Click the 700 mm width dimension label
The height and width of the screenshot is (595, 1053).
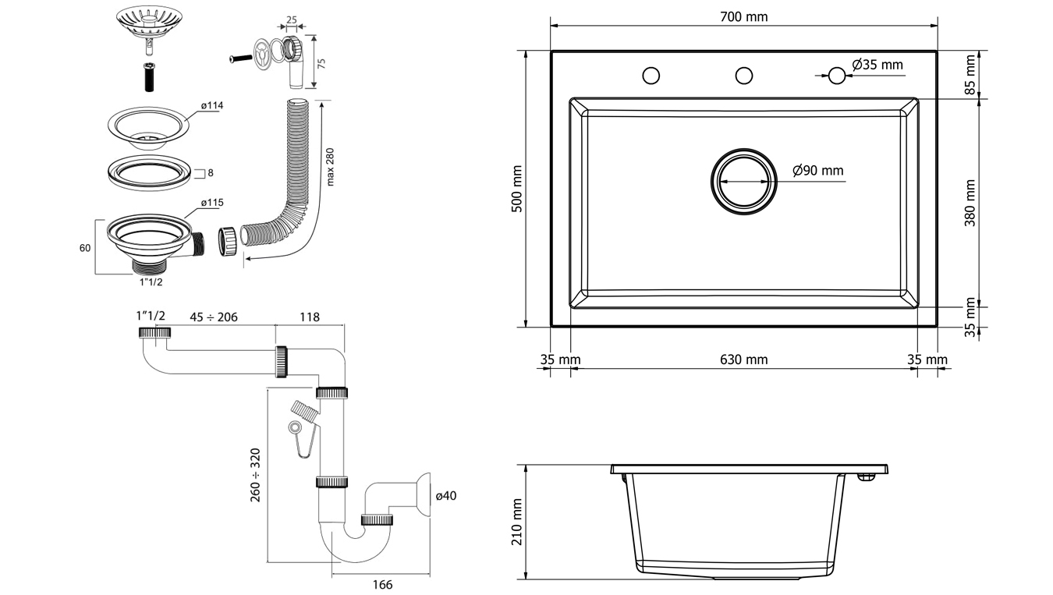click(x=743, y=17)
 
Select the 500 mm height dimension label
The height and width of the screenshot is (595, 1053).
click(x=517, y=189)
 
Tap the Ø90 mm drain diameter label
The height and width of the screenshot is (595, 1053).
click(x=818, y=170)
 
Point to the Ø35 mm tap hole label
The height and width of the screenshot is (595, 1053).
click(x=877, y=65)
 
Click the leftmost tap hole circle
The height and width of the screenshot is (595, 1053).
click(x=651, y=76)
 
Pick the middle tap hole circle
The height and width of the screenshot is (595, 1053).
click(x=744, y=76)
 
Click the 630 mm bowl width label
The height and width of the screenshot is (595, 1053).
click(x=743, y=359)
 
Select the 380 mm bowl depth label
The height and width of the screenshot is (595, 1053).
click(x=970, y=203)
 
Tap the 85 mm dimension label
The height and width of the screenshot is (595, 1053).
click(x=970, y=74)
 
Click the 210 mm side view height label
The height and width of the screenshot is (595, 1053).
click(x=517, y=522)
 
